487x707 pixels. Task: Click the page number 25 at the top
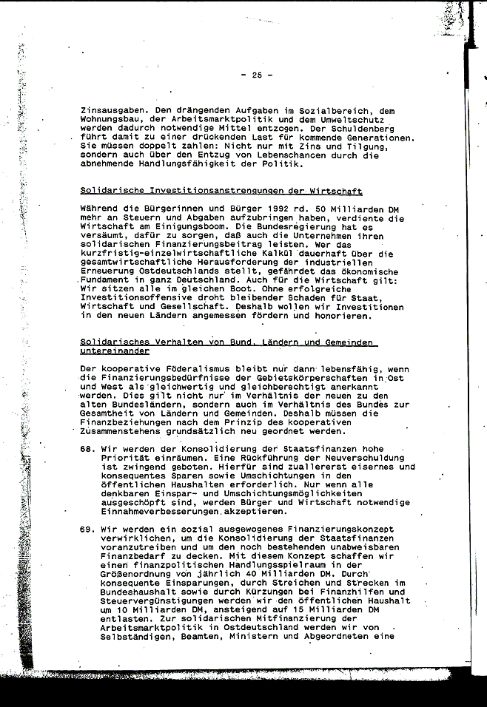point(257,75)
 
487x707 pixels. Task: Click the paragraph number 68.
point(88,449)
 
